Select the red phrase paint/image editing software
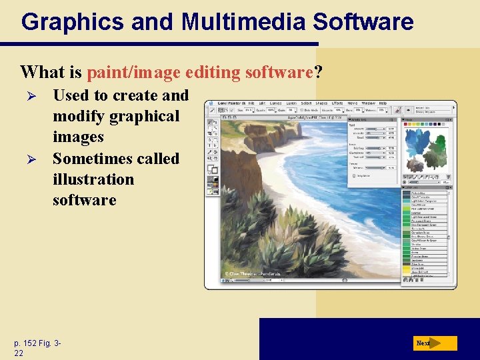tap(200, 71)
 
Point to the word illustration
tap(93, 179)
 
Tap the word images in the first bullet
tap(78, 137)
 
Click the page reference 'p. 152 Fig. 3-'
tap(37, 343)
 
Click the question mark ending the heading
tap(319, 71)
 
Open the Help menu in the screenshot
tap(383, 104)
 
